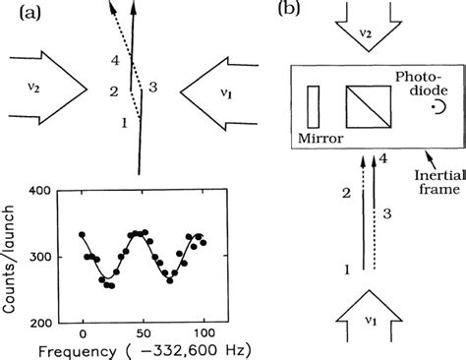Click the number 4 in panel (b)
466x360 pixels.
coord(383,157)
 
